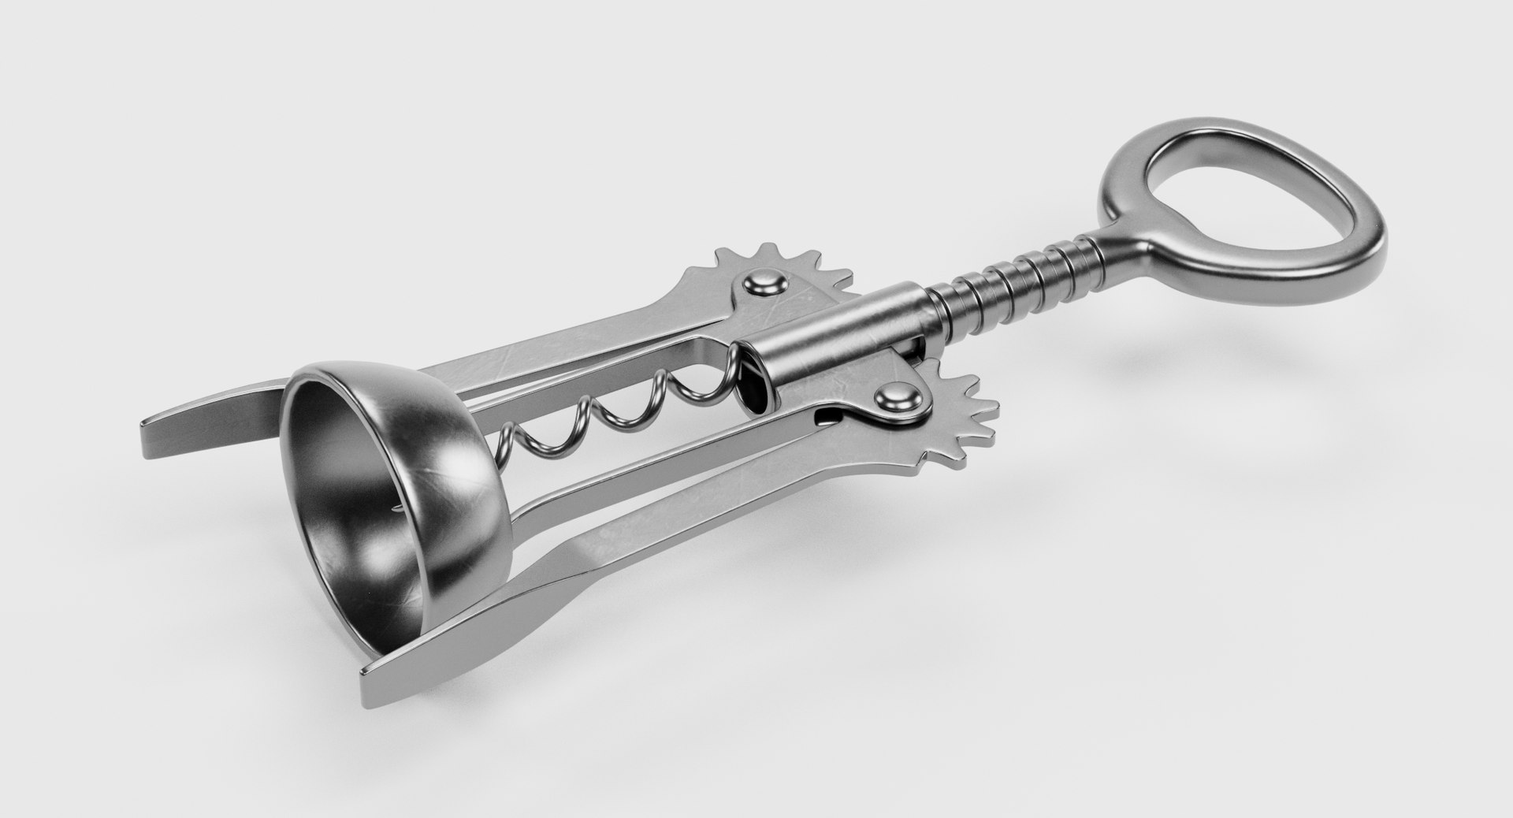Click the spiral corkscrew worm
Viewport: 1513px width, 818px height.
coord(615,410)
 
